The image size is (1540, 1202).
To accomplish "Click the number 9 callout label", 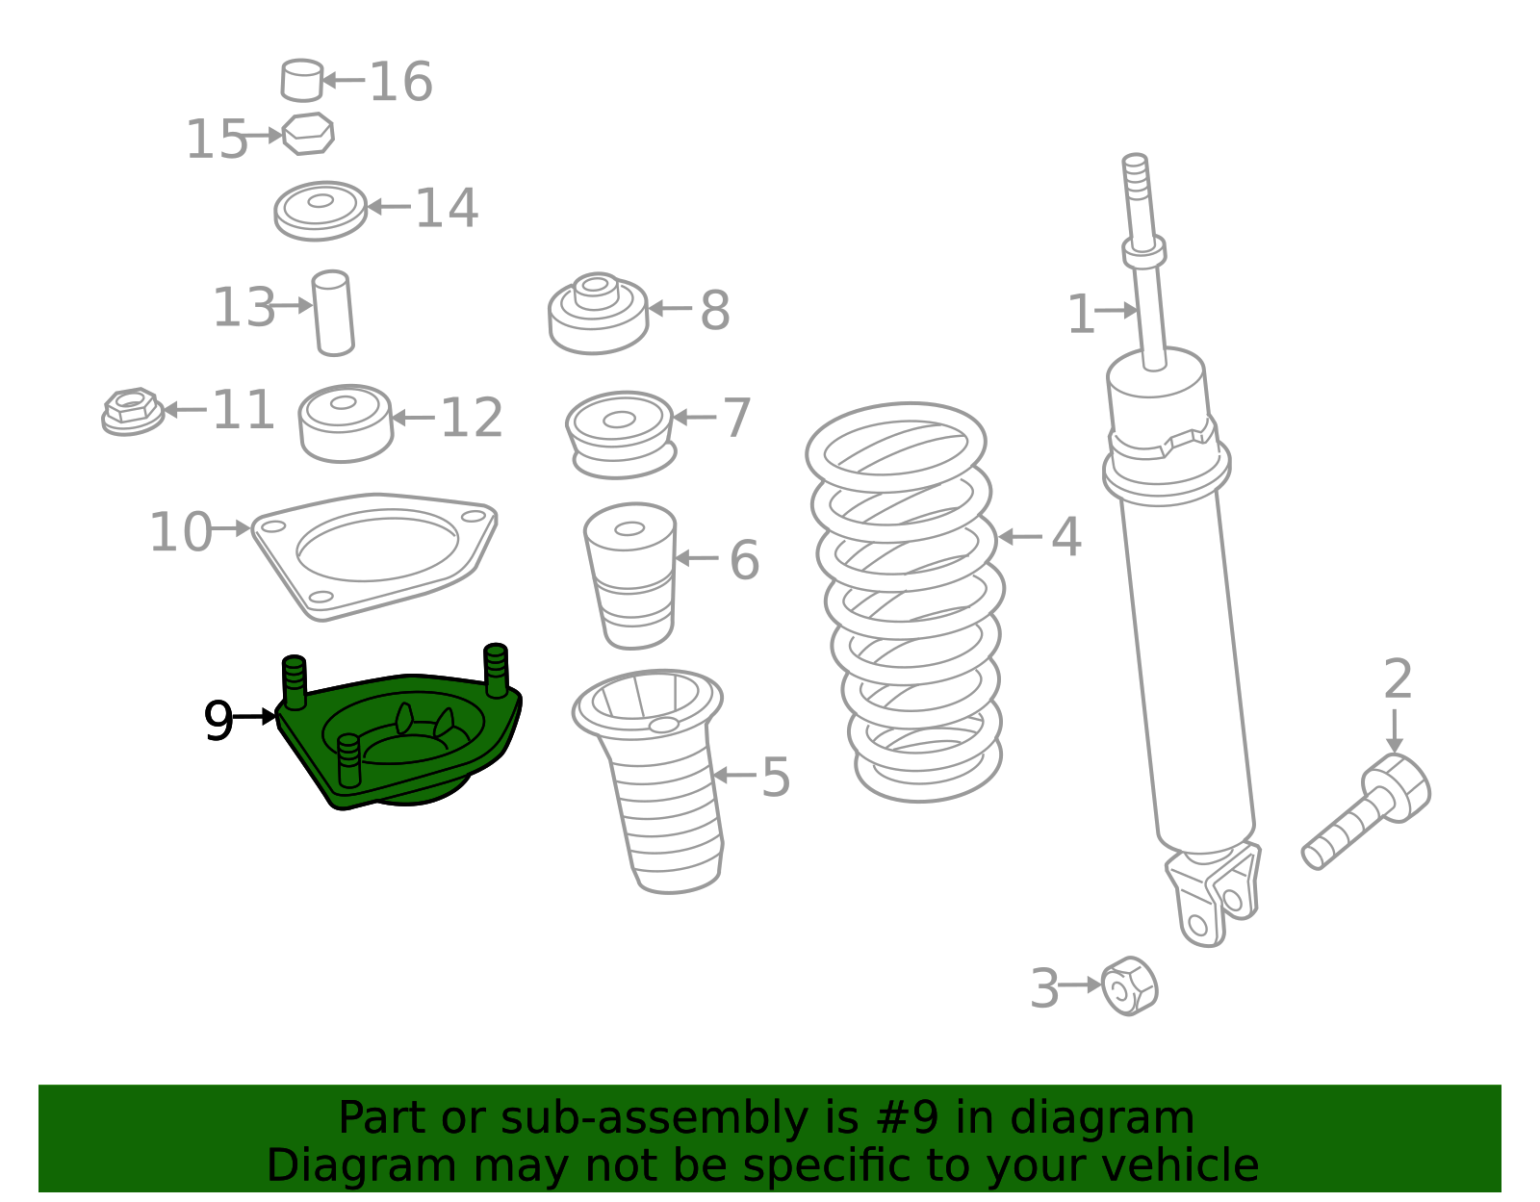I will [x=218, y=721].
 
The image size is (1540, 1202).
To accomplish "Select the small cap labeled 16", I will [x=301, y=80].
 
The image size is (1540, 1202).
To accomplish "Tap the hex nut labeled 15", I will [x=308, y=134].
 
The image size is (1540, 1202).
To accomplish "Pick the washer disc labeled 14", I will [x=321, y=210].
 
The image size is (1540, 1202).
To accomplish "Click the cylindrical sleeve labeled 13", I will [x=333, y=313].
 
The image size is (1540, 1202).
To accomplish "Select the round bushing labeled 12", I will [x=346, y=422].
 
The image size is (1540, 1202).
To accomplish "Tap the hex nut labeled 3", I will [x=1130, y=985].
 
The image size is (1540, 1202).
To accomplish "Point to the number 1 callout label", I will [x=1080, y=315].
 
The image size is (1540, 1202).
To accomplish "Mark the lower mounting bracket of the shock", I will [x=1213, y=895].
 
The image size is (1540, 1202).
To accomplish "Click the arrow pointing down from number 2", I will [x=1394, y=731].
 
